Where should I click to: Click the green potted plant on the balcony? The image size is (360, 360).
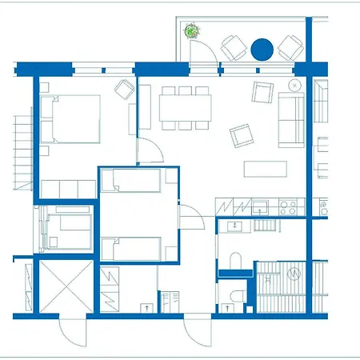coord(192,32)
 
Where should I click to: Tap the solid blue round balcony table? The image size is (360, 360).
coord(262,50)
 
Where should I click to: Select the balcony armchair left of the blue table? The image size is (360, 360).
coord(233,47)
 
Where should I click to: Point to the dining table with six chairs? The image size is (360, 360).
coord(184,106)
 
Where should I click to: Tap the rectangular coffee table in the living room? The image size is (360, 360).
coord(266,168)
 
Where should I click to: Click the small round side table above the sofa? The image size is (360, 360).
coord(295,83)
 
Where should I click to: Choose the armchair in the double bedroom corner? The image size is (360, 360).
coord(125,89)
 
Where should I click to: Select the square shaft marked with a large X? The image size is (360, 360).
coord(57,286)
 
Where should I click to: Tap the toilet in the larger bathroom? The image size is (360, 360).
coord(235,261)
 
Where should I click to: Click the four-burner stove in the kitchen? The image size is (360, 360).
coord(289,206)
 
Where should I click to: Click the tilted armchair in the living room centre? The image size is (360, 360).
coord(240,135)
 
